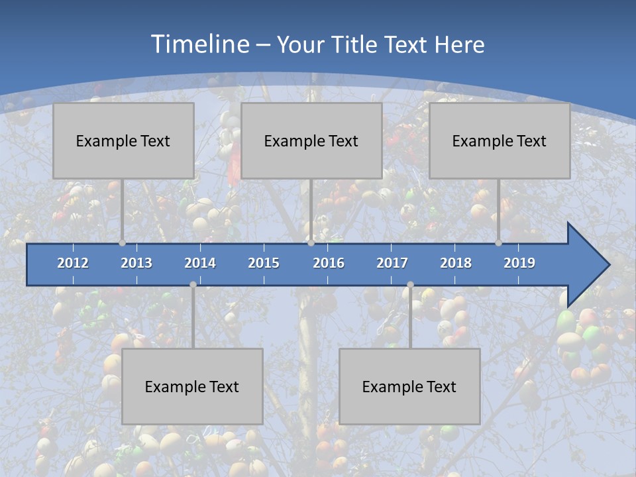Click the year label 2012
click(73, 263)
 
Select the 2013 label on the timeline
click(136, 263)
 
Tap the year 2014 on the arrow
click(200, 263)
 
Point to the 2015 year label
click(264, 263)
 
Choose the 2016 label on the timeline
click(329, 263)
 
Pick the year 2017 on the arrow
click(392, 263)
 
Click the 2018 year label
click(456, 263)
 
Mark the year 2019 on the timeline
click(519, 263)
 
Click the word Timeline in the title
click(199, 44)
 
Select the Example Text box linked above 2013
click(123, 140)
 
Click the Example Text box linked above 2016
click(311, 140)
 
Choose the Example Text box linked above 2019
click(500, 140)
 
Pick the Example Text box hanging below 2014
click(192, 386)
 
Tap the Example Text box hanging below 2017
click(409, 386)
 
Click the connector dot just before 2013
click(123, 243)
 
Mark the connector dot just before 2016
click(311, 243)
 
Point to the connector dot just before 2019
click(499, 243)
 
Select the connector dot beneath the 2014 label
click(193, 285)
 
